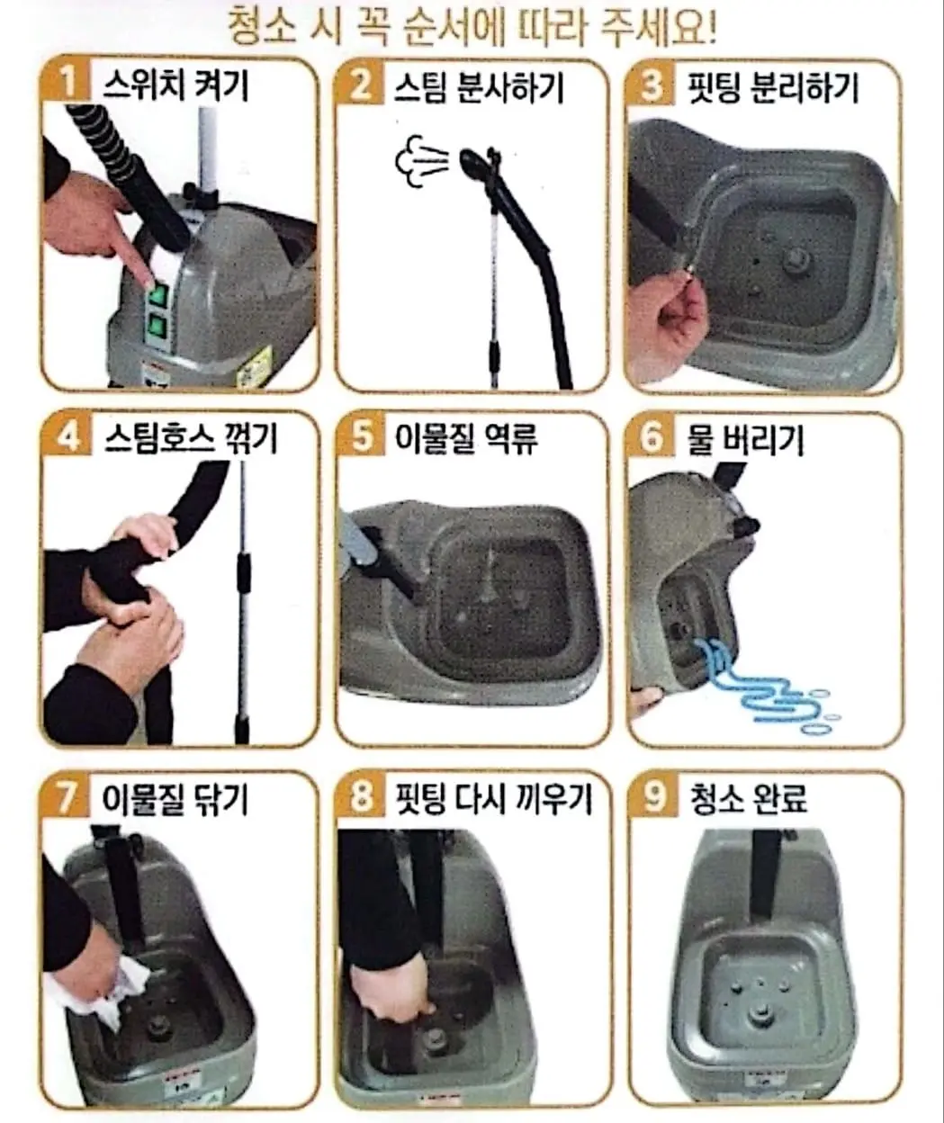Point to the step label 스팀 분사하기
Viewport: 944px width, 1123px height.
pos(478,88)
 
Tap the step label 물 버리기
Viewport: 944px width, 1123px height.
pos(744,439)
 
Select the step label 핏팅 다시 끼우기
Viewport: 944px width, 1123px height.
pos(494,799)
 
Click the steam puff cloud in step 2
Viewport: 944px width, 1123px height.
pos(421,161)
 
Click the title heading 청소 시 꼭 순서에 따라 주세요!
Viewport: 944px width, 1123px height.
pos(472,27)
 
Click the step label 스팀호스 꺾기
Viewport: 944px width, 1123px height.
pos(191,438)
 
